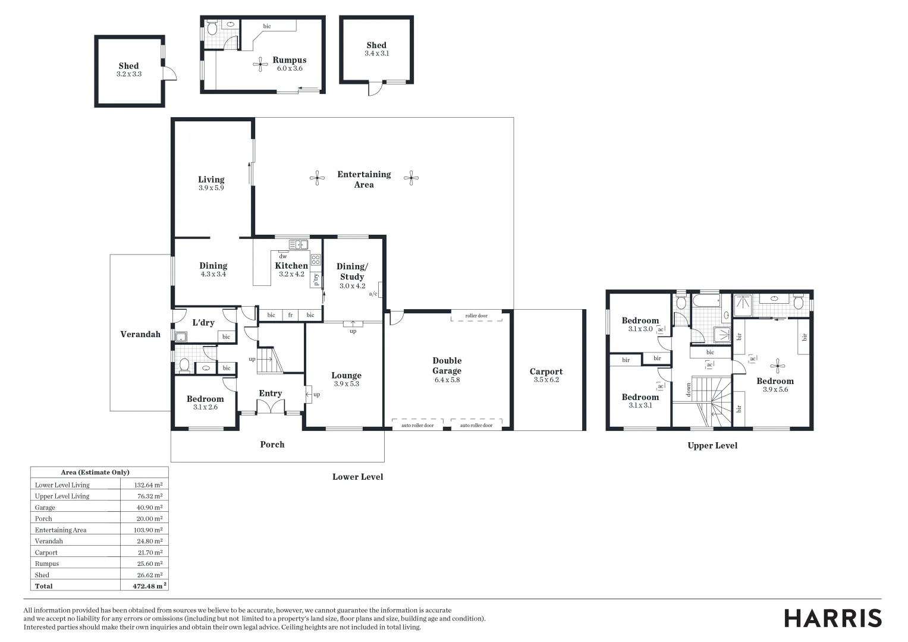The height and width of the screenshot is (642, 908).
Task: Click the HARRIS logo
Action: point(832,618)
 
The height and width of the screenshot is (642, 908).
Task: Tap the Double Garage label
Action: point(447,366)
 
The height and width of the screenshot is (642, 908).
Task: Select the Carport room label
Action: point(546,372)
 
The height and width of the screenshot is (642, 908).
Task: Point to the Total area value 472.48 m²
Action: point(149,586)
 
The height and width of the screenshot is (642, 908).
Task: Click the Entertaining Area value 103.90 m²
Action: point(149,530)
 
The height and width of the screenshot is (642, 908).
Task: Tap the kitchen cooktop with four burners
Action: point(316,259)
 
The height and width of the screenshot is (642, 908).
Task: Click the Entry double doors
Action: point(271,407)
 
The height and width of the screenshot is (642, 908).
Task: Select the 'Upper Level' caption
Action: point(712,445)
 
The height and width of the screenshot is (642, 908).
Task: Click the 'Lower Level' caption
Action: point(357,477)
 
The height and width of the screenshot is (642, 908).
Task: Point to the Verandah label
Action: point(140,334)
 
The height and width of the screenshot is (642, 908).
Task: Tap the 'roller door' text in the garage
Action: point(476,316)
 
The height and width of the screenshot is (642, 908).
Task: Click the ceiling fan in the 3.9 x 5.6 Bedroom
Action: point(777,367)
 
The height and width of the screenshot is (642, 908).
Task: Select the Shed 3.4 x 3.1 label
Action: point(376,49)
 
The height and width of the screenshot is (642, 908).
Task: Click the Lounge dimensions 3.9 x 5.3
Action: point(347,384)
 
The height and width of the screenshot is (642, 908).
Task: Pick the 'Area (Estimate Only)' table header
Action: point(95,472)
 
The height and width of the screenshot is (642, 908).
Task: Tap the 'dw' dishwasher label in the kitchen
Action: point(283,256)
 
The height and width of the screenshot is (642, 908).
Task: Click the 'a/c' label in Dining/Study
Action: point(373,294)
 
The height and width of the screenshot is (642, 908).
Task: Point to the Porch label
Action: point(272,444)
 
